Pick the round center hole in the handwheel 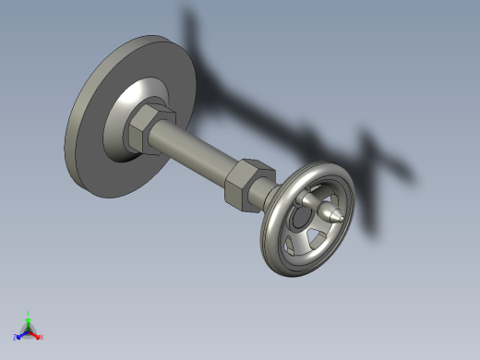click(x=301, y=218)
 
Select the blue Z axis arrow click(x=20, y=334)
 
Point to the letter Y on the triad click(x=29, y=313)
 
